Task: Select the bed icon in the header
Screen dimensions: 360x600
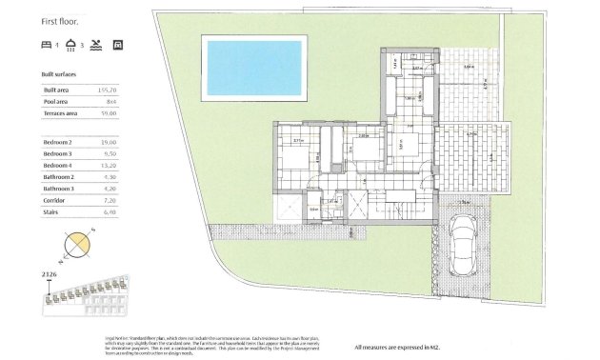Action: pyautogui.click(x=47, y=45)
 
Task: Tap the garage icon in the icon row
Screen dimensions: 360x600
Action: pyautogui.click(x=118, y=45)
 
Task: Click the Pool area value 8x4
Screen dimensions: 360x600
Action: pyautogui.click(x=110, y=100)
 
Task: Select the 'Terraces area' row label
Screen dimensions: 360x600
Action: pyautogui.click(x=60, y=112)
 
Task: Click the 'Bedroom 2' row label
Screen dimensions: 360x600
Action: pyautogui.click(x=57, y=142)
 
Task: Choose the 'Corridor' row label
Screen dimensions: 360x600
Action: pyautogui.click(x=55, y=200)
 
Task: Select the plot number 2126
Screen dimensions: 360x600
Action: pyautogui.click(x=50, y=275)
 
